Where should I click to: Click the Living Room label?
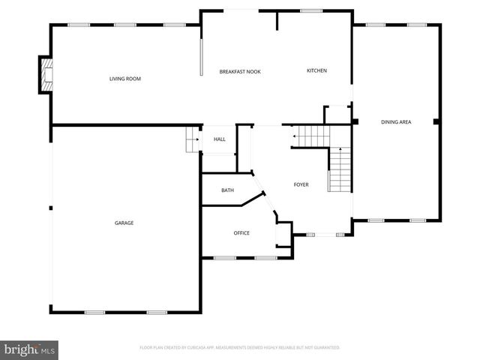[125, 79]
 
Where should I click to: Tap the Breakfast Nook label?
[240, 71]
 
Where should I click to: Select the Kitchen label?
[316, 71]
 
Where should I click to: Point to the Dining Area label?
[395, 121]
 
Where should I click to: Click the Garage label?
[124, 223]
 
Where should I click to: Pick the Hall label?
[220, 139]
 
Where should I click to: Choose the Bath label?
[227, 190]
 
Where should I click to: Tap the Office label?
[241, 233]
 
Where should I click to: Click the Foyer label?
[301, 184]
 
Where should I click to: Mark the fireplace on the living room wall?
[47, 76]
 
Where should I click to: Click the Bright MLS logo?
[29, 349]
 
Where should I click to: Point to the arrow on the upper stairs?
[295, 136]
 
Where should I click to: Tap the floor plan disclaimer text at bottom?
[240, 348]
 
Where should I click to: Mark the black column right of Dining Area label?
[436, 121]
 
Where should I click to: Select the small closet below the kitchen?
[336, 115]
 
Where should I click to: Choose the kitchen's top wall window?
[311, 10]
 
